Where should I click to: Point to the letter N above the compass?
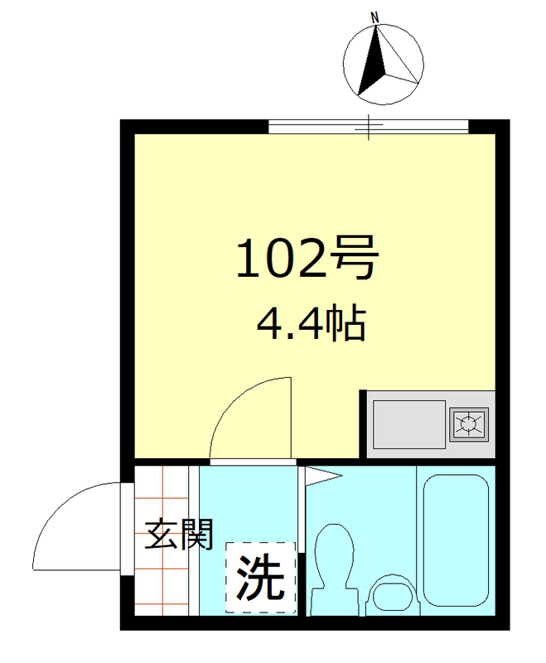click(x=375, y=17)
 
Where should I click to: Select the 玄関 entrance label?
click(x=179, y=535)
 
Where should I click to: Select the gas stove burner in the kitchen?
click(x=470, y=424)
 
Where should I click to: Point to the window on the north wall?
click(x=369, y=127)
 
